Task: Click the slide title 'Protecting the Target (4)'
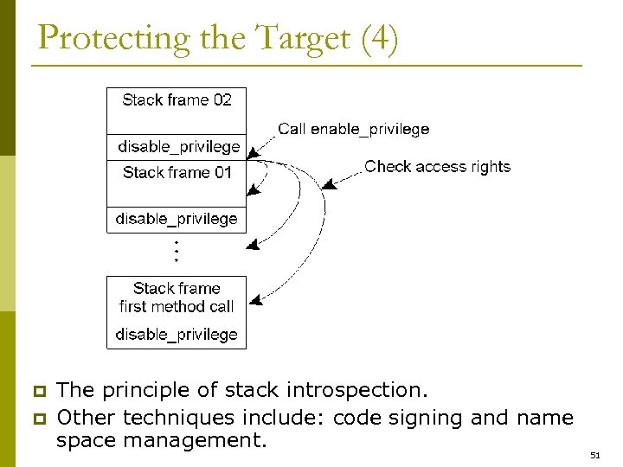pyautogui.click(x=218, y=40)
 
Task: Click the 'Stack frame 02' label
pyautogui.click(x=177, y=100)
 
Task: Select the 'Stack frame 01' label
pyautogui.click(x=177, y=173)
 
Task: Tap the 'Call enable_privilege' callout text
pyautogui.click(x=353, y=130)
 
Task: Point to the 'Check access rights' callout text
pyautogui.click(x=437, y=167)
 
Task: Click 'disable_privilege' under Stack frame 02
pyautogui.click(x=178, y=147)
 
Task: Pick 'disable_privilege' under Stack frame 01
pyautogui.click(x=177, y=219)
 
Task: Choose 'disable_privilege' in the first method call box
pyautogui.click(x=177, y=335)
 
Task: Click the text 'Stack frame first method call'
pyautogui.click(x=177, y=297)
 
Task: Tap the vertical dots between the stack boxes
pyautogui.click(x=177, y=251)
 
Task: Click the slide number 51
pyautogui.click(x=594, y=455)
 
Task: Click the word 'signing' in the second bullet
pyautogui.click(x=429, y=419)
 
